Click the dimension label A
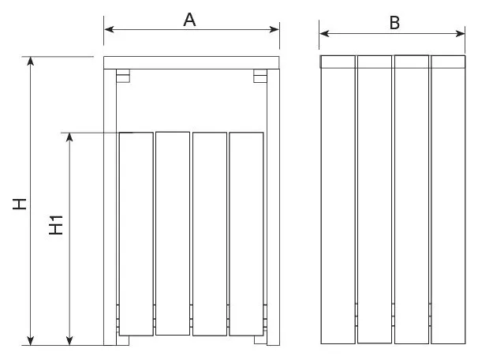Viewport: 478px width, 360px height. (x=189, y=21)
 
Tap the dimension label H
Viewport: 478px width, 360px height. (x=21, y=204)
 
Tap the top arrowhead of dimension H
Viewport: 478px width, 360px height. (x=32, y=62)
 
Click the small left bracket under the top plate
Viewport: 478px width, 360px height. (x=122, y=76)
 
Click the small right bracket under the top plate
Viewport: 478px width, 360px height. (x=260, y=76)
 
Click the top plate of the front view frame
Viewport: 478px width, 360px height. (x=192, y=62)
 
